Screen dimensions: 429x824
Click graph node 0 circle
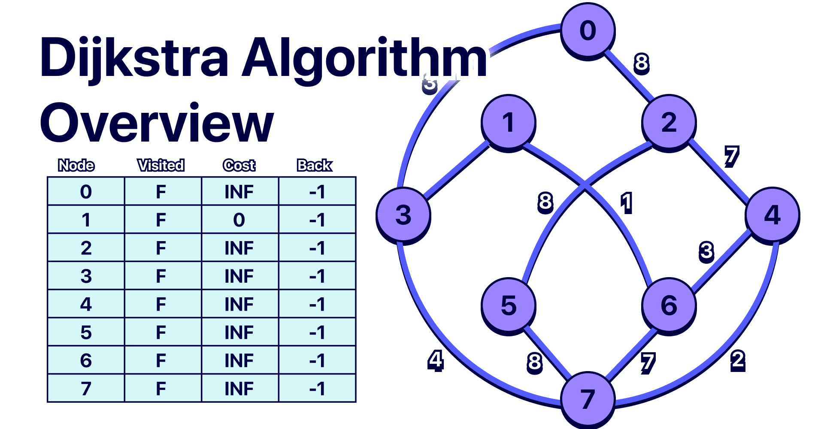pyautogui.click(x=588, y=30)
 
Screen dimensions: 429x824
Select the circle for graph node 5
pyautogui.click(x=509, y=305)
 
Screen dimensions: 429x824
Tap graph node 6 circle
pyautogui.click(x=669, y=305)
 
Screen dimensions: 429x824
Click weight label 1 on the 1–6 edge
pyautogui.click(x=626, y=202)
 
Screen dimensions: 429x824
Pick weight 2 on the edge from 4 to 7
pyautogui.click(x=738, y=360)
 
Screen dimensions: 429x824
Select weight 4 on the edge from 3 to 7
pyautogui.click(x=435, y=360)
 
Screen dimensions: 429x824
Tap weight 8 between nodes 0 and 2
pyautogui.click(x=641, y=63)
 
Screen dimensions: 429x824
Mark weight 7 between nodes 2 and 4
pyautogui.click(x=731, y=156)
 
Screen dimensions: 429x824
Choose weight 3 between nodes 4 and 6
pyautogui.click(x=706, y=251)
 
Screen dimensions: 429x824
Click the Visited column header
pyautogui.click(x=161, y=165)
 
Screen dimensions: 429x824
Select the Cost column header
pyautogui.click(x=239, y=165)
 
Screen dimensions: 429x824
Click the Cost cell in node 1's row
pyautogui.click(x=239, y=220)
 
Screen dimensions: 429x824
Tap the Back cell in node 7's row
pyautogui.click(x=317, y=388)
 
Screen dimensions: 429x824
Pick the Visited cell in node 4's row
pyautogui.click(x=161, y=304)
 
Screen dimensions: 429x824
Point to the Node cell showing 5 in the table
pyautogui.click(x=86, y=332)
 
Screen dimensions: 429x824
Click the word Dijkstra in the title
pyautogui.click(x=134, y=58)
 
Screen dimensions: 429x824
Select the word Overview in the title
pyautogui.click(x=157, y=123)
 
